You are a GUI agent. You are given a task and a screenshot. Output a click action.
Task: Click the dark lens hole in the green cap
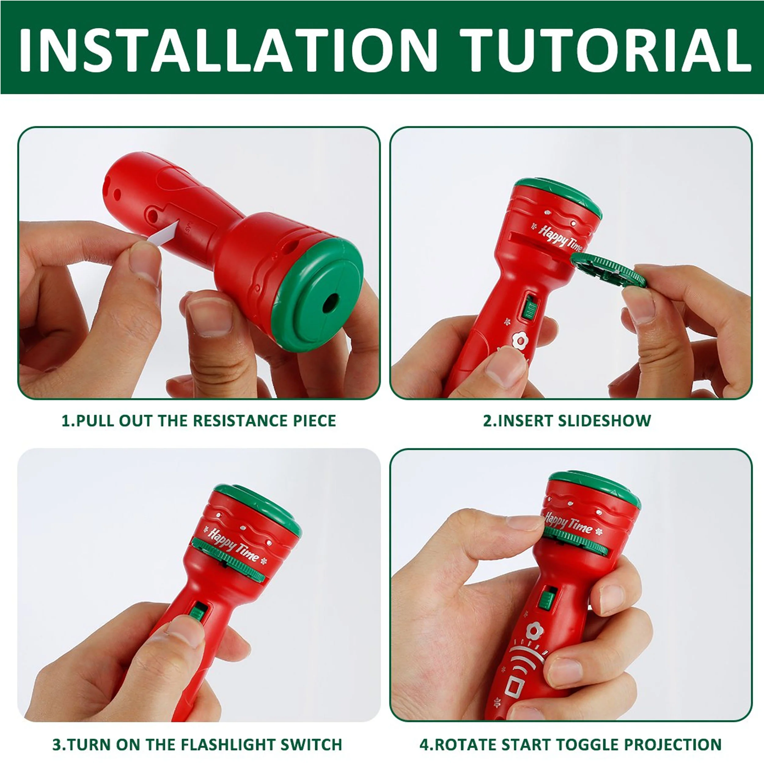(330, 303)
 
